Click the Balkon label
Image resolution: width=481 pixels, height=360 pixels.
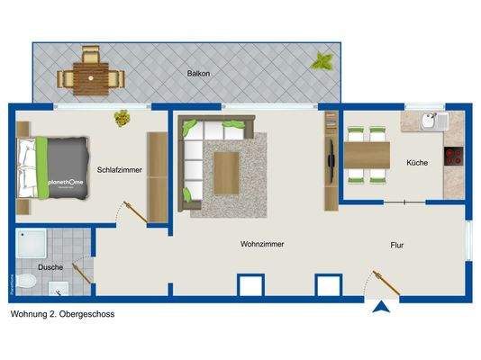(199, 73)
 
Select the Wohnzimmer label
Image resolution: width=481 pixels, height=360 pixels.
(262, 244)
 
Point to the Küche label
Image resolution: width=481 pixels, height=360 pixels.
(417, 163)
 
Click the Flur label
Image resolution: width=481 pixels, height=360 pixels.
(397, 243)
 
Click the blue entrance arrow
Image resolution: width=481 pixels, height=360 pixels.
(383, 308)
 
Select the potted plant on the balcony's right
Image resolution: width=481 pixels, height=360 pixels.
(322, 61)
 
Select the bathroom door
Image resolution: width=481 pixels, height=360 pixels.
(80, 271)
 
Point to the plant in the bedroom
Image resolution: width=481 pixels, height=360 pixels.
(121, 117)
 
